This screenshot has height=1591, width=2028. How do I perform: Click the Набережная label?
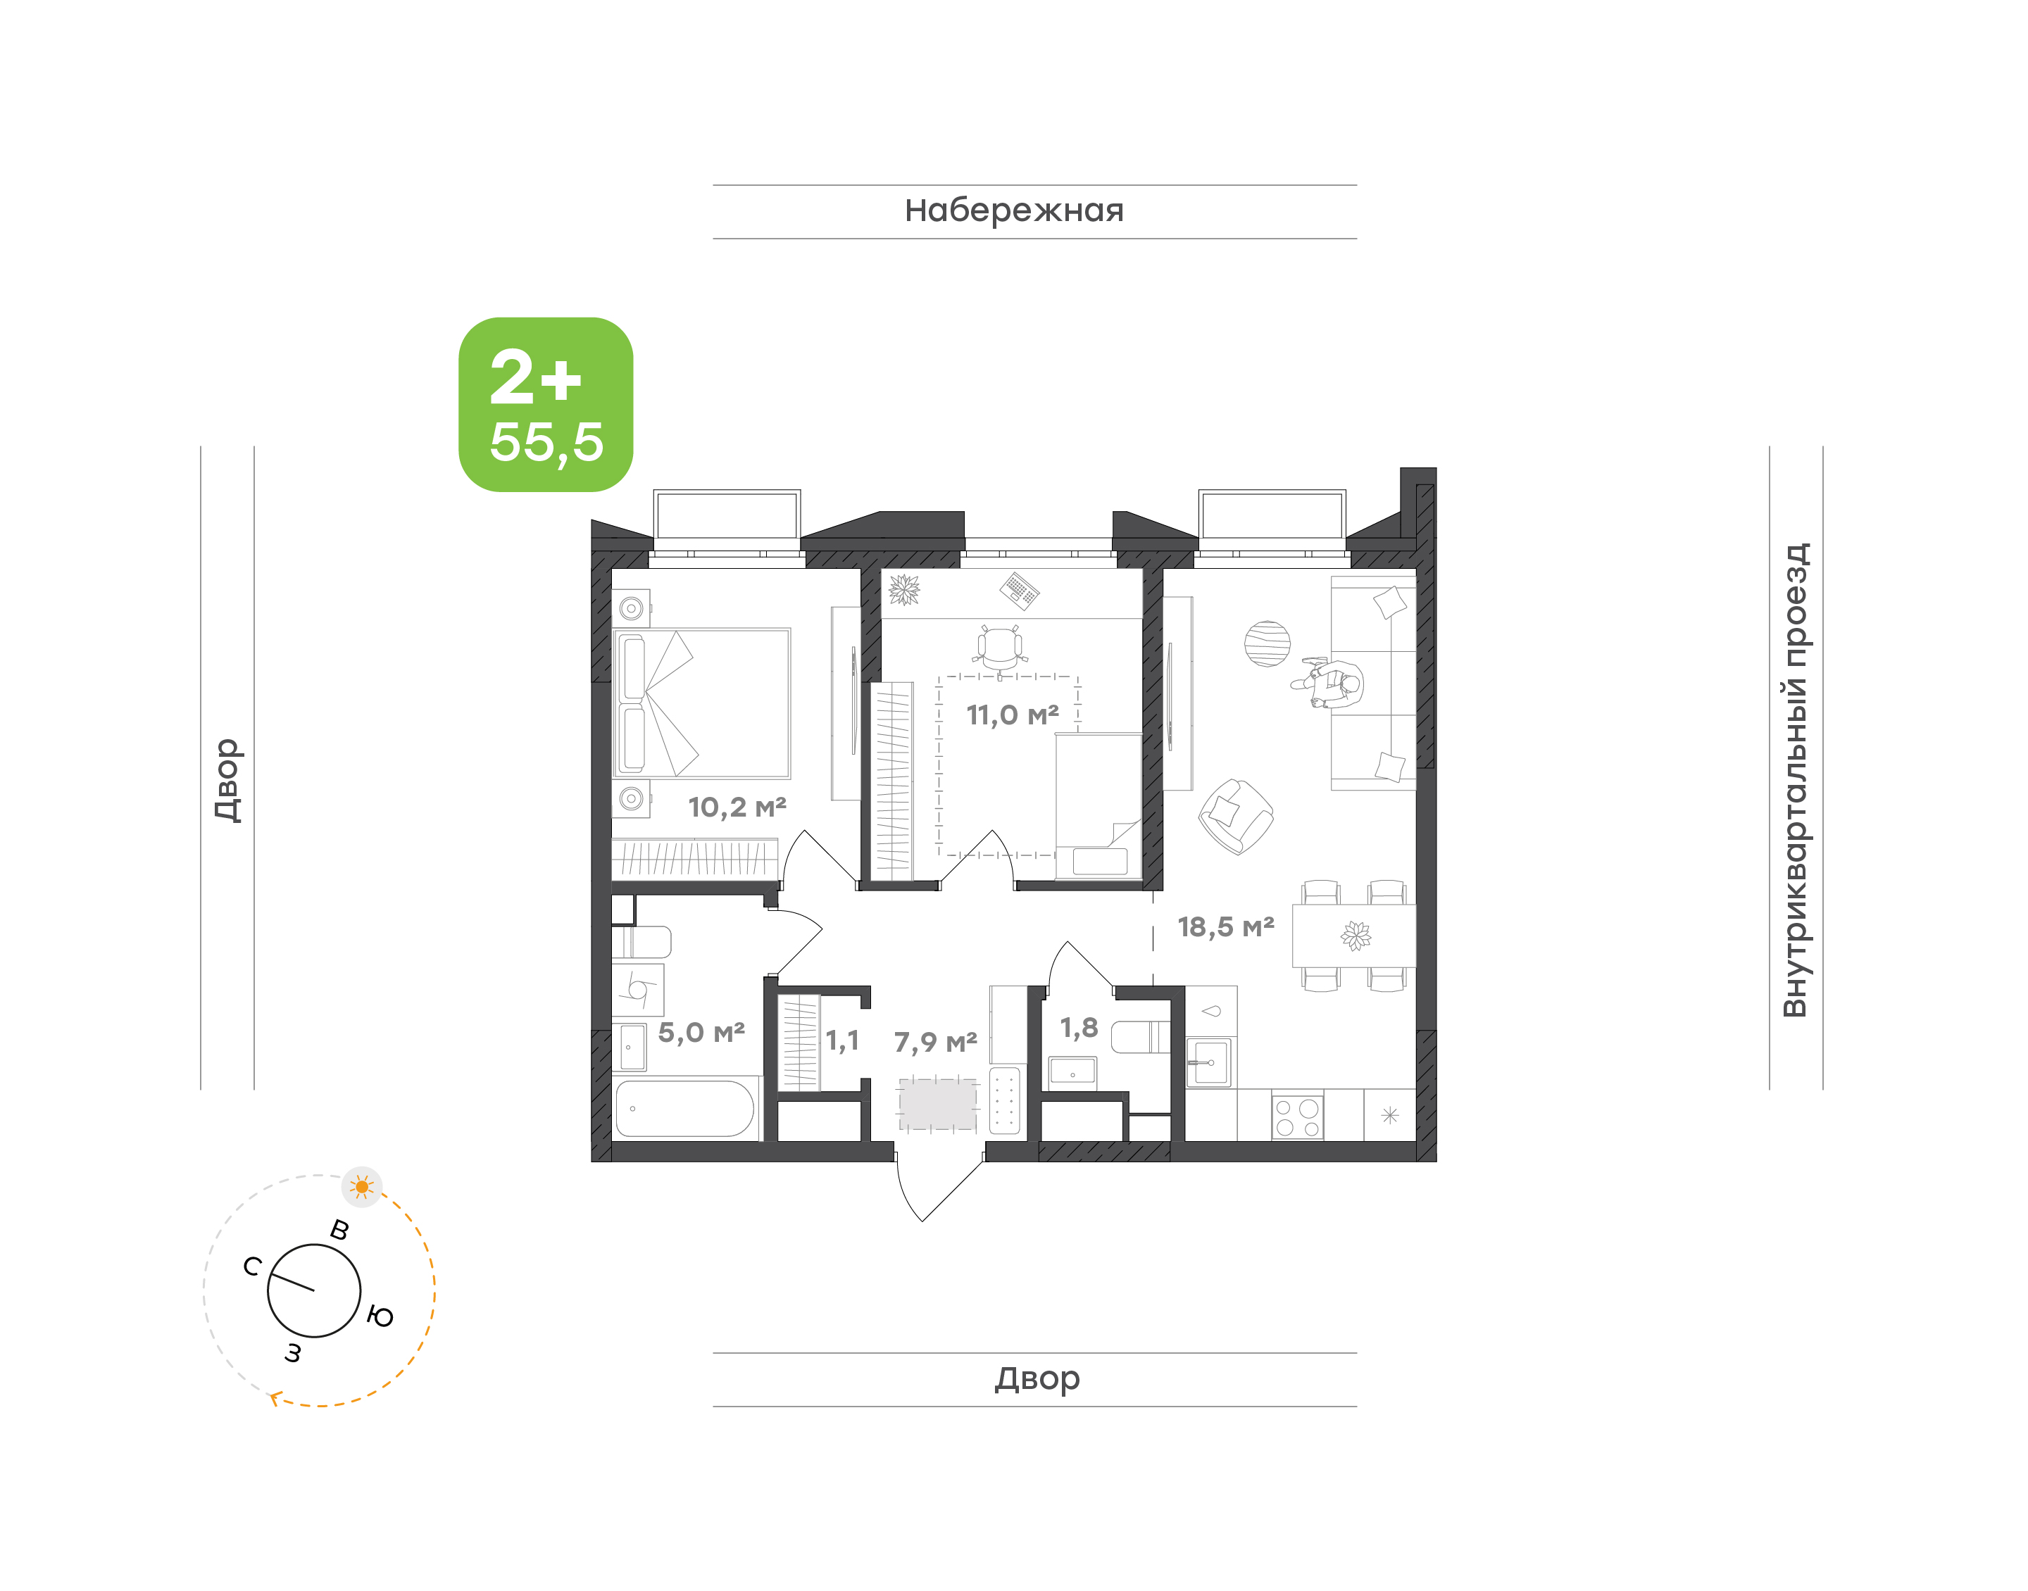[1013, 211]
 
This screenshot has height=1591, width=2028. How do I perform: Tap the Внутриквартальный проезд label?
[1795, 780]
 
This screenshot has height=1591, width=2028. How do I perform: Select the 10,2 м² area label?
[737, 807]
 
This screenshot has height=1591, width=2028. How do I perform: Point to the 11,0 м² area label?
[1013, 715]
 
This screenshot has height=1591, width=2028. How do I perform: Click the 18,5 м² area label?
[1226, 927]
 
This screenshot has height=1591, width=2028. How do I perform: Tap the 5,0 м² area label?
[701, 1032]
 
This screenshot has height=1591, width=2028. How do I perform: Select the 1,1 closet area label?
[842, 1040]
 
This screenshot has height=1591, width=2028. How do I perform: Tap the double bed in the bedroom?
[701, 703]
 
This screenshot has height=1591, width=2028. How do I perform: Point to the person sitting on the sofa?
[1330, 684]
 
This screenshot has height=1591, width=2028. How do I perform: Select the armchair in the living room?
[1235, 816]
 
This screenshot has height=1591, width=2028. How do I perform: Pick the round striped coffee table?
[1267, 643]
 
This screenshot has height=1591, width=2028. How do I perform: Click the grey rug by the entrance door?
[937, 1104]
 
